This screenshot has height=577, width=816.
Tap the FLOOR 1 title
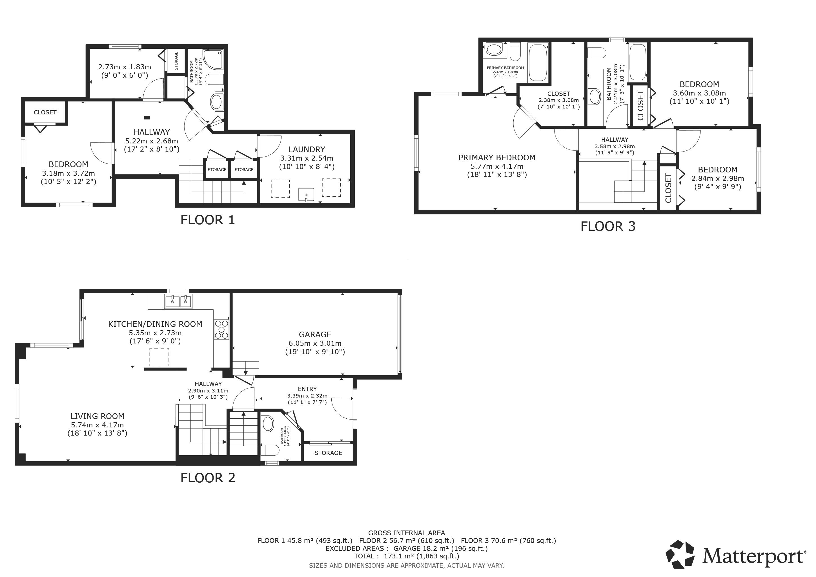pos(208,220)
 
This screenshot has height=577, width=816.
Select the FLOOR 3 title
pos(608,226)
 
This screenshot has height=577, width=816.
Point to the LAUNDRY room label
pos(307,149)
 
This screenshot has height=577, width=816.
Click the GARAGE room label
pos(315,334)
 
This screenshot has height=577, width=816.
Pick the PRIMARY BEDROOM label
pos(497,157)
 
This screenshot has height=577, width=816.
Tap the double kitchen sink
pos(178,301)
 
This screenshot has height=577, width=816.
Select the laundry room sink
pos(306,195)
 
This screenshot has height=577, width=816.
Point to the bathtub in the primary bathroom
pos(538,63)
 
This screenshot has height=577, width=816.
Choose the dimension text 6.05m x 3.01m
pos(315,343)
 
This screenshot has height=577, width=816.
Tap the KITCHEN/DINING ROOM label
pos(155,324)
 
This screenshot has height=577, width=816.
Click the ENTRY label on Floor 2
pos(307,389)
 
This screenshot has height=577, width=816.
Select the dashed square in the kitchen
pos(159,357)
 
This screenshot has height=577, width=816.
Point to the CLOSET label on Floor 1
pos(45,112)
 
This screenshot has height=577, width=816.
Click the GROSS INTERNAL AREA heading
pos(407,533)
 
